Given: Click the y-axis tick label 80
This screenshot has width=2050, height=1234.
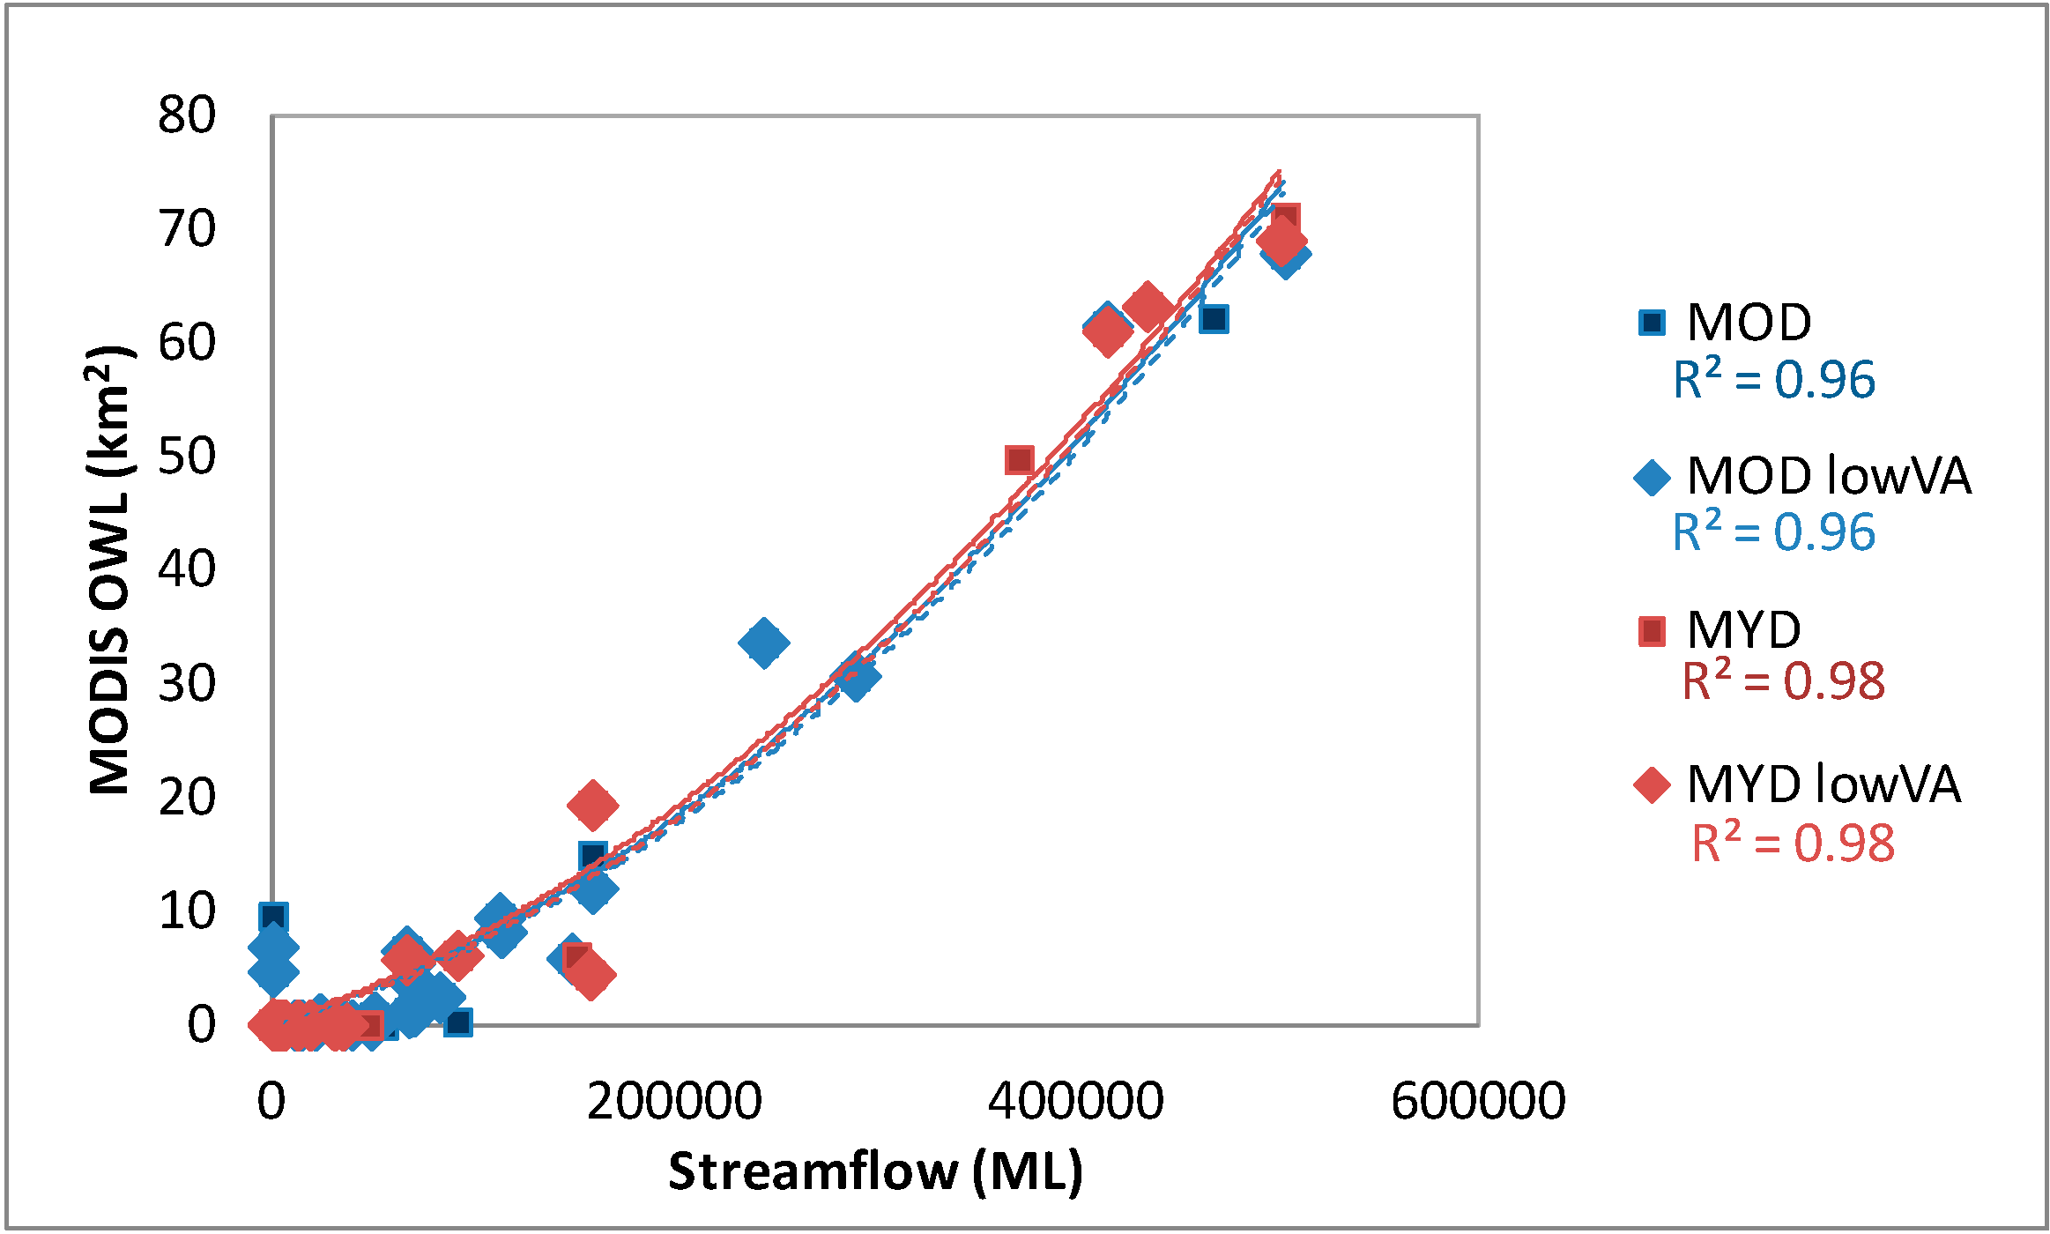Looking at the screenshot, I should click(x=187, y=115).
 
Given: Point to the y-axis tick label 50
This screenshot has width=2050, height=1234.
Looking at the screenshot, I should click(x=187, y=457).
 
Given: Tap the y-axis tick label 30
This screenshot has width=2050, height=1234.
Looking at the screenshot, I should click(x=187, y=684).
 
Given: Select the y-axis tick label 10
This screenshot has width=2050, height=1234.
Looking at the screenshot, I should click(x=187, y=911).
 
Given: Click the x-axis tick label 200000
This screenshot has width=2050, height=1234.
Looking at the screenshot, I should click(x=674, y=1102).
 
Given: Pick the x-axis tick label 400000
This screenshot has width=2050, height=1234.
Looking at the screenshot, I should click(x=1075, y=1102).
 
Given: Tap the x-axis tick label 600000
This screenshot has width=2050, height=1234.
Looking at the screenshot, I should click(x=1478, y=1102).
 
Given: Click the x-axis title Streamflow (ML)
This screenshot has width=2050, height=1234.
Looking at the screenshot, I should click(x=875, y=1172).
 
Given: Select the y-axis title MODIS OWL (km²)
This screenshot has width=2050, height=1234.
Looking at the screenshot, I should click(x=111, y=570).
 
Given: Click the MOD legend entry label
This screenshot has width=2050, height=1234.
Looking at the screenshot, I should click(x=1749, y=323).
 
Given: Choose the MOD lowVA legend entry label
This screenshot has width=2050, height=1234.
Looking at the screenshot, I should click(x=1828, y=477).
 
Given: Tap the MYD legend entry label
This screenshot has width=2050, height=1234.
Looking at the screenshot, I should click(x=1743, y=631).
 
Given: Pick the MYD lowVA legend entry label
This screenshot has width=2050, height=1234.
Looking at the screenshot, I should click(x=1823, y=784).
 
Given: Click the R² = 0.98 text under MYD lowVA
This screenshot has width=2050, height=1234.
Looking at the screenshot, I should click(x=1793, y=844).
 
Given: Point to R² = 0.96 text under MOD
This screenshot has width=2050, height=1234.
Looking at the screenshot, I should click(x=1773, y=381).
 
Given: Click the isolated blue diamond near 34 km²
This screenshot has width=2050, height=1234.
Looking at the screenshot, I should click(x=764, y=643).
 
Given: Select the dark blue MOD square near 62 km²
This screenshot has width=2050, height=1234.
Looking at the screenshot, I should click(x=1214, y=319).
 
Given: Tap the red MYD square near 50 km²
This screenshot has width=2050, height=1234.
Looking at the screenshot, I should click(x=1019, y=460).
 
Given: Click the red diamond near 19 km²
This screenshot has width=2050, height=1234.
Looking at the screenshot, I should click(x=592, y=804).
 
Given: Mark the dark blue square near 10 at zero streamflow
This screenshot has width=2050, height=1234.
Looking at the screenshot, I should click(x=273, y=918).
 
